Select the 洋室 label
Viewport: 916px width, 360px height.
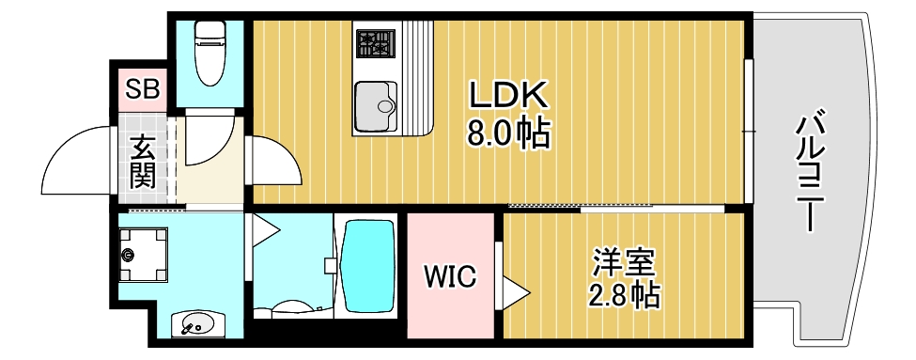click(623, 261)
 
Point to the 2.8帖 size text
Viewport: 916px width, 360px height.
click(623, 296)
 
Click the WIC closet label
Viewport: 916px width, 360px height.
click(449, 277)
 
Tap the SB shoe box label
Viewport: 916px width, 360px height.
click(143, 90)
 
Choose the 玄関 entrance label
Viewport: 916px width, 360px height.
click(143, 161)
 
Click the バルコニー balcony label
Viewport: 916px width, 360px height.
click(815, 173)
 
